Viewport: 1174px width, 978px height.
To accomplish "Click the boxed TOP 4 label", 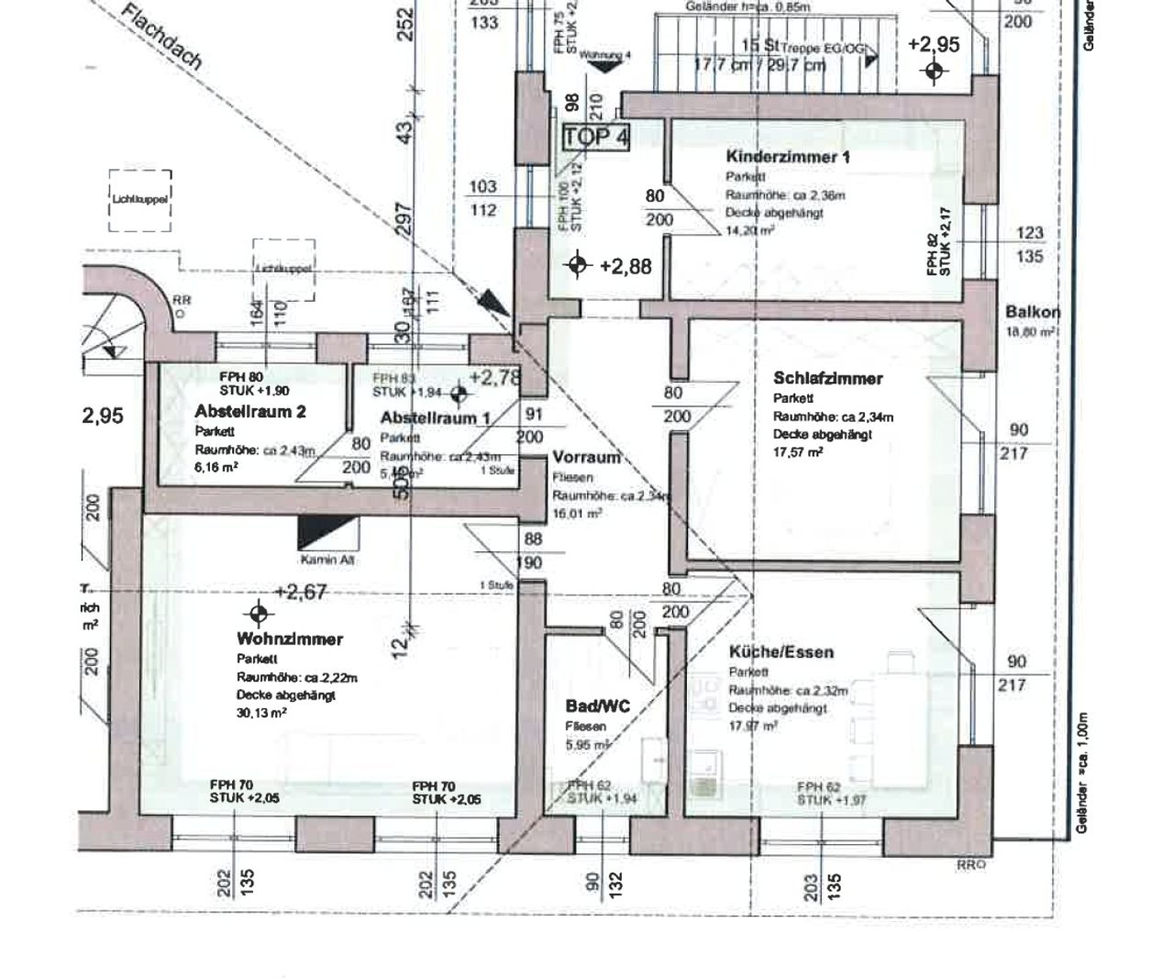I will pyautogui.click(x=596, y=138).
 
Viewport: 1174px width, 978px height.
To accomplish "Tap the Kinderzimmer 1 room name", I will pyautogui.click(x=787, y=157).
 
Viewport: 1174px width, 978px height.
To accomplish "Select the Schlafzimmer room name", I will pyautogui.click(x=827, y=378).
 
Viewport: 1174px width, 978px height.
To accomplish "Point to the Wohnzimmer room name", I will pyautogui.click(x=290, y=639).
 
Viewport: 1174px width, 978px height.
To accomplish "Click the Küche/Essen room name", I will pyautogui.click(x=781, y=652).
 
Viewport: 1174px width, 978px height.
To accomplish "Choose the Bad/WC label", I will pyautogui.click(x=598, y=706).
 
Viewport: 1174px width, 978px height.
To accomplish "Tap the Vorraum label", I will pyautogui.click(x=586, y=458).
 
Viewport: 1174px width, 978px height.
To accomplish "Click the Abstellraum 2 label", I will pyautogui.click(x=250, y=411).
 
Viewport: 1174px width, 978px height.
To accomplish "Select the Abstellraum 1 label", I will pyautogui.click(x=435, y=418).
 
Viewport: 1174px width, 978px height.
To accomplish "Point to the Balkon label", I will pyautogui.click(x=1033, y=312).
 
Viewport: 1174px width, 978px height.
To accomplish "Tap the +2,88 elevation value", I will pyautogui.click(x=626, y=266).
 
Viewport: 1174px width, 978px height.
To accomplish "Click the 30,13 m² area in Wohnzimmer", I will pyautogui.click(x=261, y=713).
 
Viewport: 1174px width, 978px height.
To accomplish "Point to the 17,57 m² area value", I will pyautogui.click(x=797, y=452).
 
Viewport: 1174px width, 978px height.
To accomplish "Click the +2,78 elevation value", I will pyautogui.click(x=495, y=377).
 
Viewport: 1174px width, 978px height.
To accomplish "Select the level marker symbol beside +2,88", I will pyautogui.click(x=577, y=265).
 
